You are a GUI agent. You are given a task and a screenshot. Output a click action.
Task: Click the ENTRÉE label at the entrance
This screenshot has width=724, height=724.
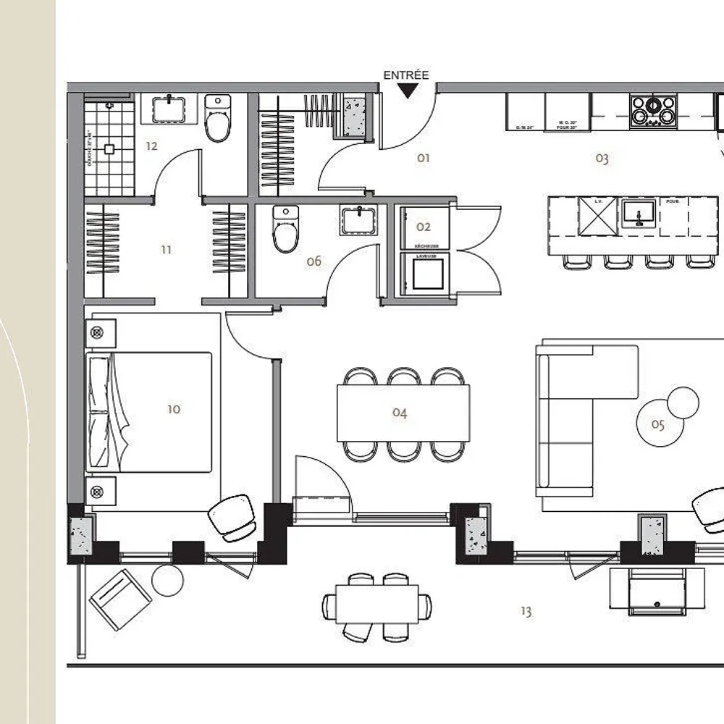click(x=405, y=75)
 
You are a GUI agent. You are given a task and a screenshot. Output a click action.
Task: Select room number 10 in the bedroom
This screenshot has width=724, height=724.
click(x=174, y=409)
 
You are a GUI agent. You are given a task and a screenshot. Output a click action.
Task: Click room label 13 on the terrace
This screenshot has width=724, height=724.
click(x=526, y=612)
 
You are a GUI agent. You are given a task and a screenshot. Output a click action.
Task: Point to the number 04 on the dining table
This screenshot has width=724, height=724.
click(x=400, y=413)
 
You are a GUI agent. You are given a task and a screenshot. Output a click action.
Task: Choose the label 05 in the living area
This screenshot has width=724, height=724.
click(x=657, y=425)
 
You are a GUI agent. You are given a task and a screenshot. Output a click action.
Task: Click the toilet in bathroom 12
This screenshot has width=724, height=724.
click(x=217, y=119)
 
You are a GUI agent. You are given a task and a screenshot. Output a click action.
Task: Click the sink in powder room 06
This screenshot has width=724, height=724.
click(x=359, y=219)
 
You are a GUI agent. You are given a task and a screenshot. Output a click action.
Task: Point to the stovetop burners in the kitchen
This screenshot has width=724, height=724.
click(x=653, y=111)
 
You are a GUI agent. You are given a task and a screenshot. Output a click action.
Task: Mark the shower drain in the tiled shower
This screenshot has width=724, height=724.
click(x=109, y=148)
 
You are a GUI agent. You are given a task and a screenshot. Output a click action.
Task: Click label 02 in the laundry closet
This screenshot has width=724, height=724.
click(x=424, y=227)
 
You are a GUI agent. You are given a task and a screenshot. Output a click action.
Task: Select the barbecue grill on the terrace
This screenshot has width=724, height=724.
click(x=657, y=590)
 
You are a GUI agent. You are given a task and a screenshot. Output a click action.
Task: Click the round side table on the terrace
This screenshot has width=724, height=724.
click(x=168, y=580)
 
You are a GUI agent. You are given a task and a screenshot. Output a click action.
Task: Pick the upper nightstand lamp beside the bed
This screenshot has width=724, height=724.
click(x=98, y=333)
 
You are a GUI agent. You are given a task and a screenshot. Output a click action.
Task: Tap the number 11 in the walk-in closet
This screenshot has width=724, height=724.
click(x=167, y=250)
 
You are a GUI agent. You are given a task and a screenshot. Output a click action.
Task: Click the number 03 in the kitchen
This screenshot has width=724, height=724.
click(x=602, y=159)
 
